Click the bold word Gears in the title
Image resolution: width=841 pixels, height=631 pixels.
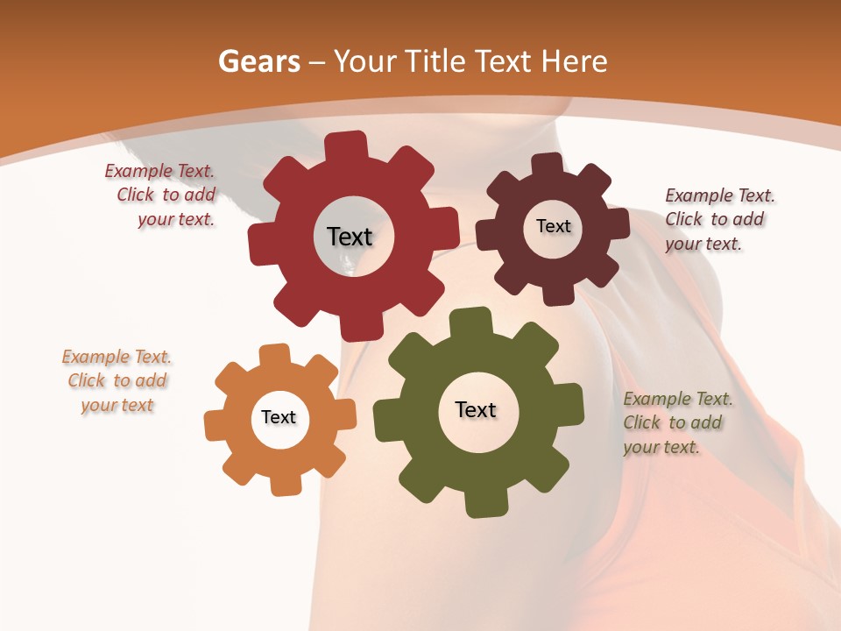[258, 61]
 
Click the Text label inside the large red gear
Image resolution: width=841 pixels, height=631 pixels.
[350, 237]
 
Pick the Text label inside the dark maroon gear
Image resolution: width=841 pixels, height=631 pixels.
[553, 226]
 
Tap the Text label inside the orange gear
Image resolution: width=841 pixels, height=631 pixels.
[279, 417]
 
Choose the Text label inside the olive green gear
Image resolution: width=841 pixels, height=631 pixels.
[476, 409]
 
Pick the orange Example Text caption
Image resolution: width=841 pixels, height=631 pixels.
[117, 380]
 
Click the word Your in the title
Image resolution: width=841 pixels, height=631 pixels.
[366, 61]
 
